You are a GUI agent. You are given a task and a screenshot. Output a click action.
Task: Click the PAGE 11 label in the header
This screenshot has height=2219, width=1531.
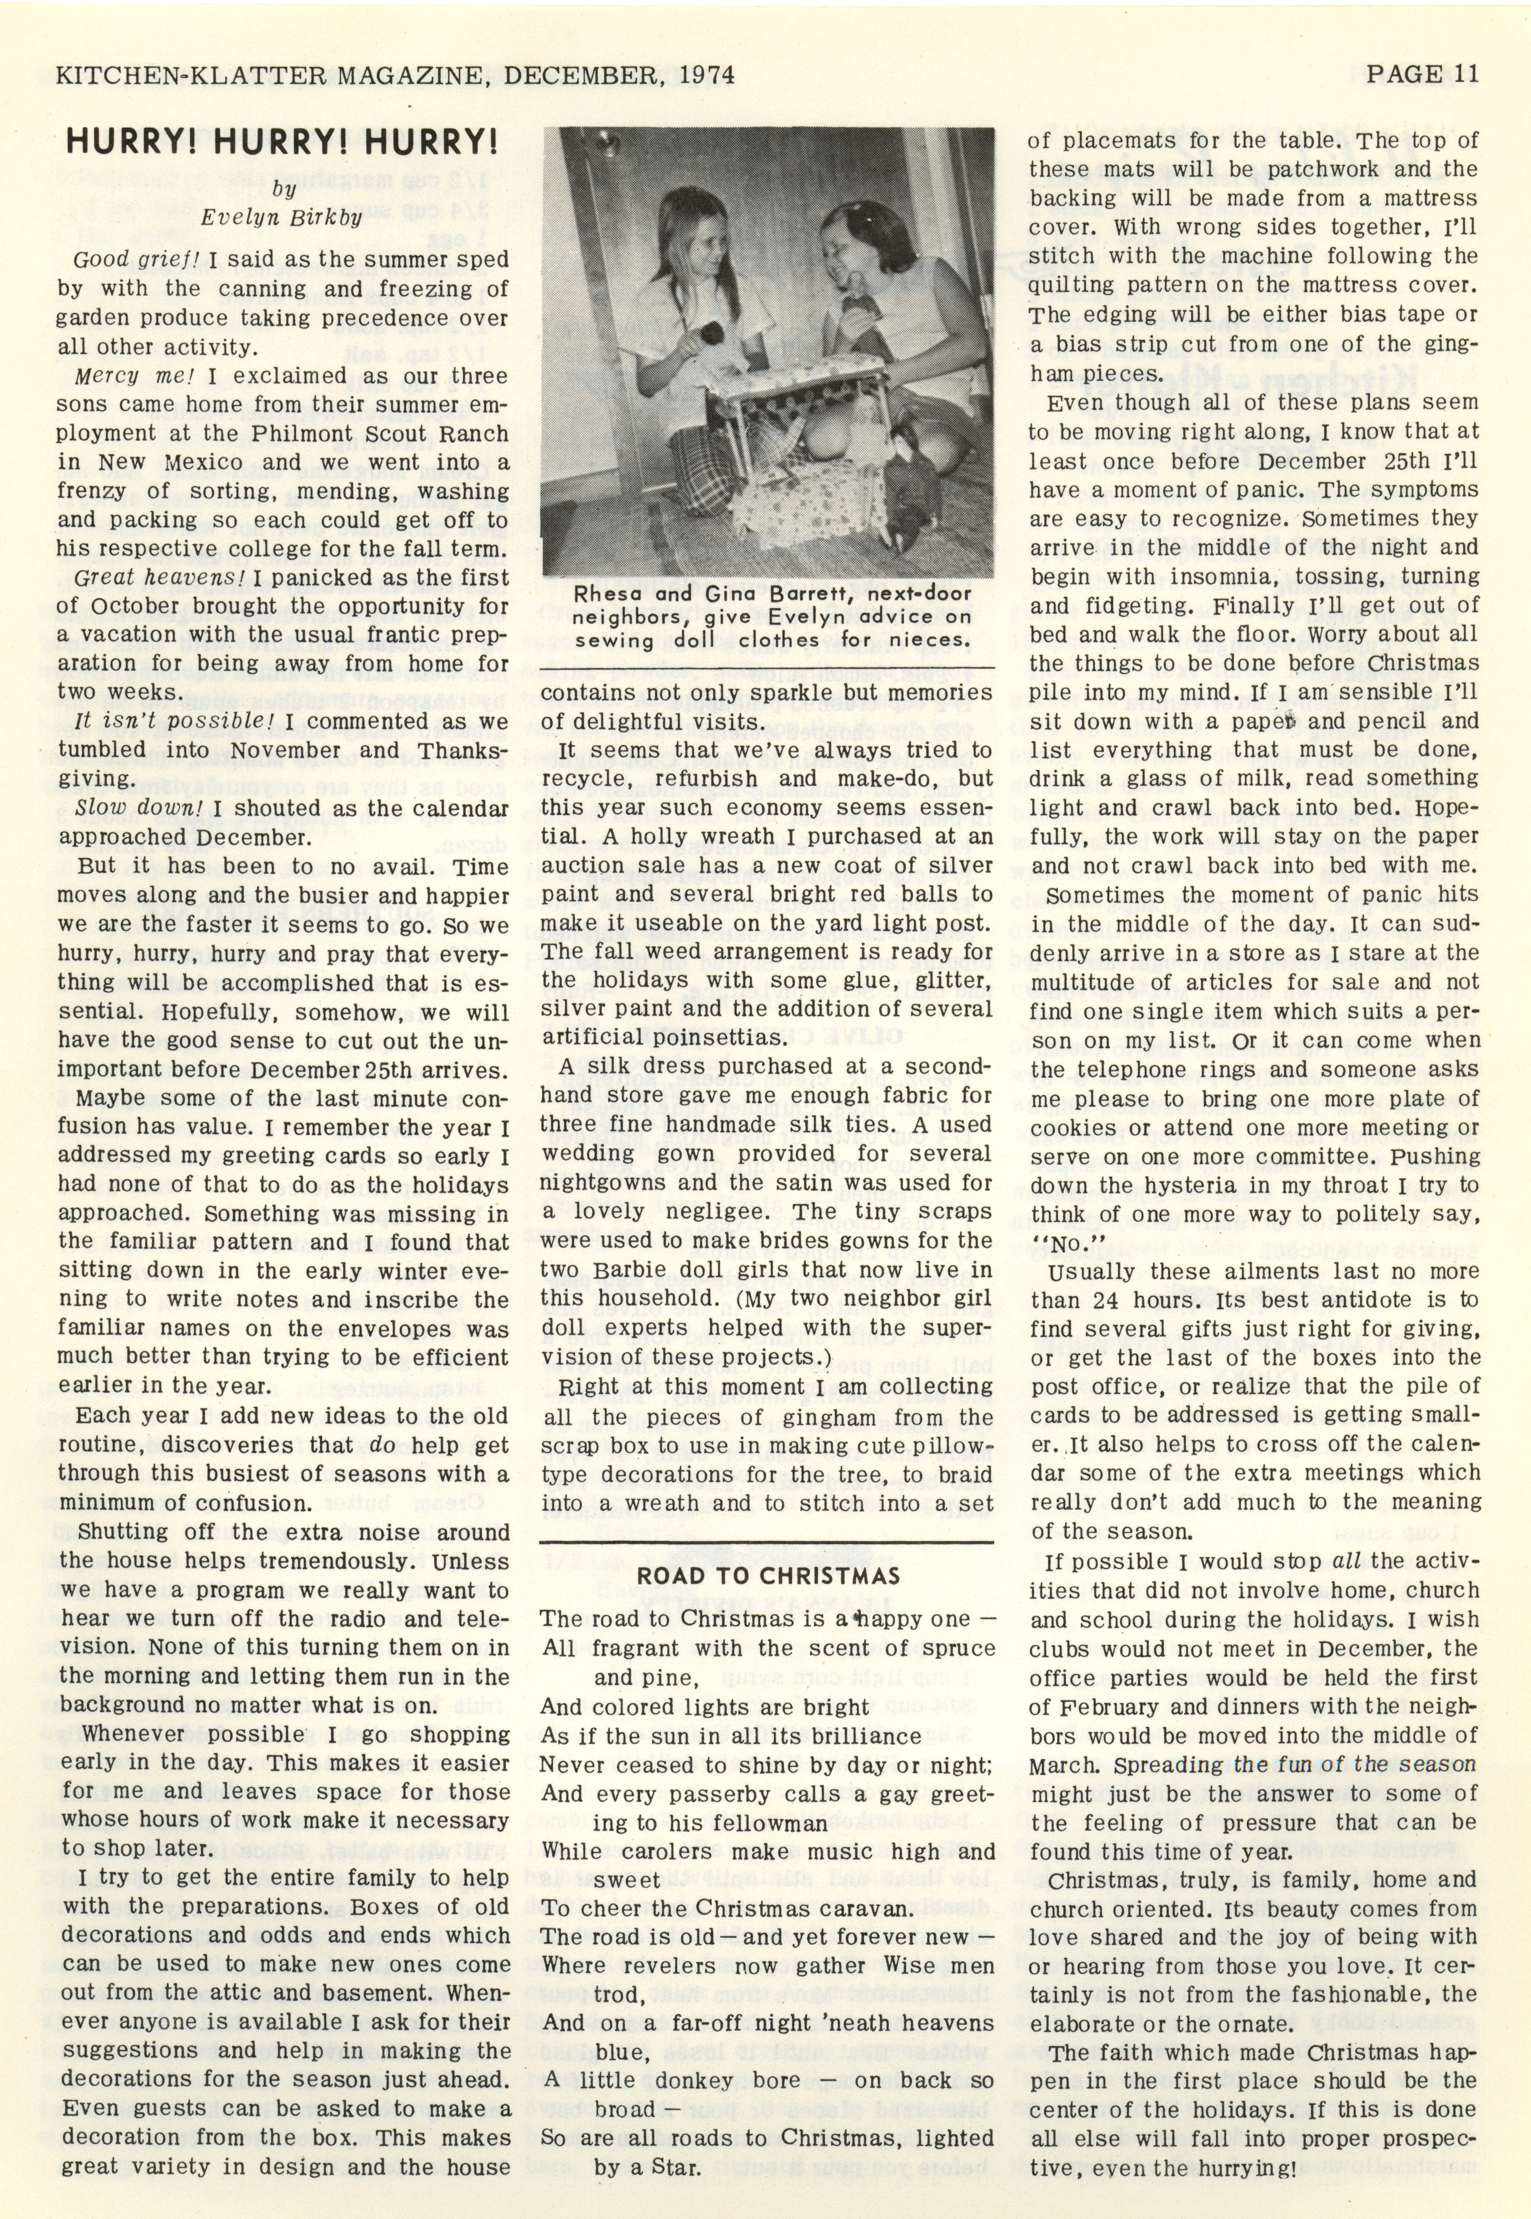[x=1422, y=74]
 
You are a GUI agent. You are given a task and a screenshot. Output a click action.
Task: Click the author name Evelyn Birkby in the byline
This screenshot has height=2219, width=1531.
[x=281, y=217]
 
